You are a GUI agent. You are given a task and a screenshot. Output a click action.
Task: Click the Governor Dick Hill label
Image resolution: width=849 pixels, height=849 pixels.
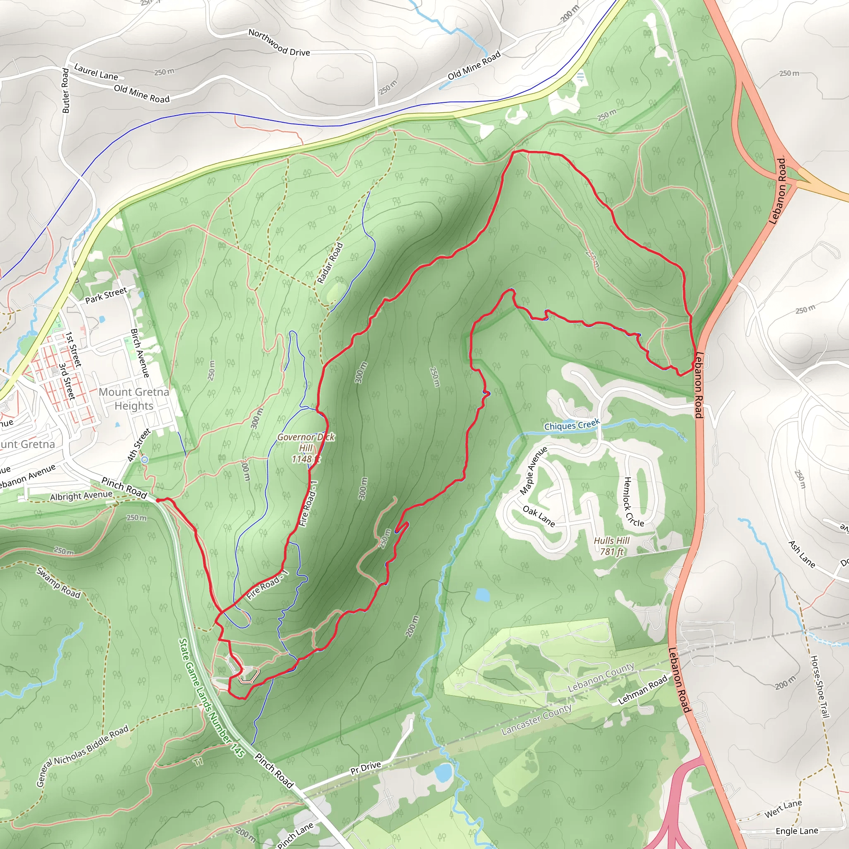coord(306,448)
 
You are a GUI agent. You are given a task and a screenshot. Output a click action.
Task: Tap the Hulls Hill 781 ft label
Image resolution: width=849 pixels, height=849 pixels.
coord(612,546)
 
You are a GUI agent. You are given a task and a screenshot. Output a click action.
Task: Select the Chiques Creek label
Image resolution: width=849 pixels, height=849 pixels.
coord(572,425)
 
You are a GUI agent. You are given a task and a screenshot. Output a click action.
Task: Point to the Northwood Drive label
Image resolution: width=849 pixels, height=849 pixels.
coord(279,42)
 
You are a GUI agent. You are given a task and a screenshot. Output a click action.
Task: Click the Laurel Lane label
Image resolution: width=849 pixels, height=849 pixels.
coord(96,72)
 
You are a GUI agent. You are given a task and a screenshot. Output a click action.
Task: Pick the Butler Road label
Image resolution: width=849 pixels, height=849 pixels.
coord(65,90)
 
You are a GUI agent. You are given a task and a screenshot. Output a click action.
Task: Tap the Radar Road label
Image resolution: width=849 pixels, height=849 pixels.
coord(330,263)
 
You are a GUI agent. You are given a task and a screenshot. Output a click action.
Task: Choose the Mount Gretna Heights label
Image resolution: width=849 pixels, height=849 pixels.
coord(133,398)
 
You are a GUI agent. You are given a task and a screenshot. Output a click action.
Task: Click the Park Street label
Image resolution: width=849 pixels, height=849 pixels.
coord(106,295)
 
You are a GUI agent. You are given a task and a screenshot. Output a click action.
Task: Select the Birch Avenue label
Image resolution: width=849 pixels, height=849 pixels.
coord(140,353)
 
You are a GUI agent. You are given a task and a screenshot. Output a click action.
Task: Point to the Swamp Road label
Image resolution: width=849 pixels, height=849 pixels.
coord(58,583)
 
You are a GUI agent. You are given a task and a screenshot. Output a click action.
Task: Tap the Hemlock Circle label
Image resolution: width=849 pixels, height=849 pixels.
coord(634,502)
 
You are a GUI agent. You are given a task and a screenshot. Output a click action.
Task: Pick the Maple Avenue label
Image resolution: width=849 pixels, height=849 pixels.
coord(534,470)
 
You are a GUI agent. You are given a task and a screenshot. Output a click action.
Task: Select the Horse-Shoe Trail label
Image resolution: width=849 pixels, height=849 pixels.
coord(820,687)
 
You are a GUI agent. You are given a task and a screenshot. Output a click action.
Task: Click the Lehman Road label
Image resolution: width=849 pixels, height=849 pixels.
coord(643,689)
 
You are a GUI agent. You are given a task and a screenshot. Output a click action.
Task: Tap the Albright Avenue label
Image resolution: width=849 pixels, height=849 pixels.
coord(81,496)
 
